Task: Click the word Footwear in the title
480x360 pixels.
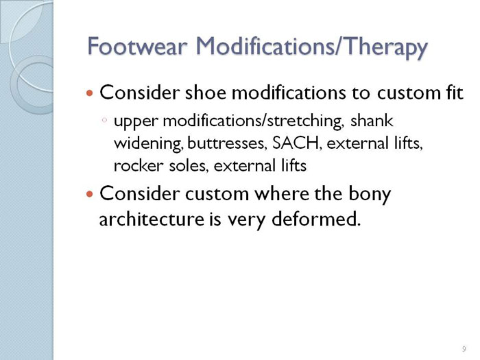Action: click(x=137, y=46)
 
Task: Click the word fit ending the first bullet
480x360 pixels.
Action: click(x=455, y=92)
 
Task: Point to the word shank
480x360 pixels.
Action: click(x=372, y=121)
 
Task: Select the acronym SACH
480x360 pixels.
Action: click(x=296, y=143)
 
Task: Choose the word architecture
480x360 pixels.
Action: click(x=152, y=219)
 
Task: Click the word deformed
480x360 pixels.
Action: click(x=315, y=219)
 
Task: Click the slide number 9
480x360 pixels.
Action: click(x=464, y=348)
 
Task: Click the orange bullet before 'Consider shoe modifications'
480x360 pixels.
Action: click(x=89, y=93)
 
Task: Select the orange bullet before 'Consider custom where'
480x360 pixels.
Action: click(x=89, y=194)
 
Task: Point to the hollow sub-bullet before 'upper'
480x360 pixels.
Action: click(x=104, y=120)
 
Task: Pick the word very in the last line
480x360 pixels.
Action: click(x=245, y=221)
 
